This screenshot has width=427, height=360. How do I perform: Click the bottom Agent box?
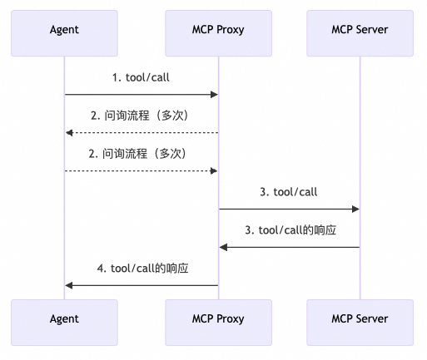(x=65, y=318)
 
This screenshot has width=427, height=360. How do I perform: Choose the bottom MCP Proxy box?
(x=219, y=318)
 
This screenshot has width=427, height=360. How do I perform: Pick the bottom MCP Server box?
(x=360, y=318)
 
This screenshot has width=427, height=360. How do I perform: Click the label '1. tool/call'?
(x=142, y=77)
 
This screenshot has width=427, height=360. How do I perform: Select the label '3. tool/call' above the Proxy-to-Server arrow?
(x=289, y=192)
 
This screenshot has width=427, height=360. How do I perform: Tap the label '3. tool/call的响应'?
(x=289, y=229)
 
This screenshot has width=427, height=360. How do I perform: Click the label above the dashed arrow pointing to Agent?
(x=142, y=116)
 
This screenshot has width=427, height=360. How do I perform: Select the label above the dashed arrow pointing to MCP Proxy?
(x=142, y=154)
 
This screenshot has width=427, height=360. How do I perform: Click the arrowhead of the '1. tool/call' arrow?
(x=214, y=95)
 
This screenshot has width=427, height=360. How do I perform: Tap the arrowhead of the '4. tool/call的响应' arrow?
(x=70, y=285)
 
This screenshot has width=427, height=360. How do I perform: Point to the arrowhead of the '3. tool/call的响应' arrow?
(x=224, y=247)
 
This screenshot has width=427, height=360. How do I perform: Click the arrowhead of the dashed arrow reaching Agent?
(x=70, y=133)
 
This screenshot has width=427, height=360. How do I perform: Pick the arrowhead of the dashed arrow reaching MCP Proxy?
(x=214, y=171)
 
